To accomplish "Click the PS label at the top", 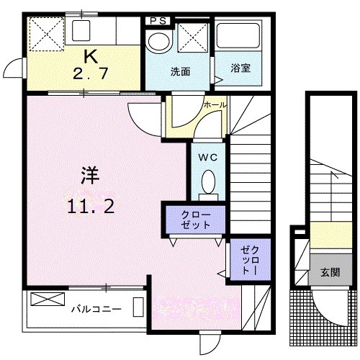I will (x=159, y=21).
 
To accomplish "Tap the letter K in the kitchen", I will (x=91, y=55).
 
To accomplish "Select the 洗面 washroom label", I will (x=180, y=72).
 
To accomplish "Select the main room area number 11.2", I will (x=91, y=206).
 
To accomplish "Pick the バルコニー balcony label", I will (x=95, y=309).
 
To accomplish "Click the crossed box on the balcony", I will (x=48, y=299).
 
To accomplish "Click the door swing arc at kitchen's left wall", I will (x=14, y=71).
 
